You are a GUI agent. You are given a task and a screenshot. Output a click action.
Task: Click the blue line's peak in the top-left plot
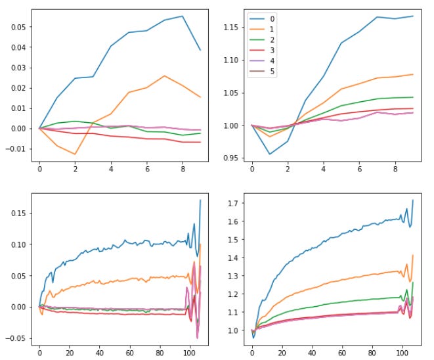coord(182,16)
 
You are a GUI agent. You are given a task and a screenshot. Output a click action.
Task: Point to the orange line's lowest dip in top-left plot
coord(76,154)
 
